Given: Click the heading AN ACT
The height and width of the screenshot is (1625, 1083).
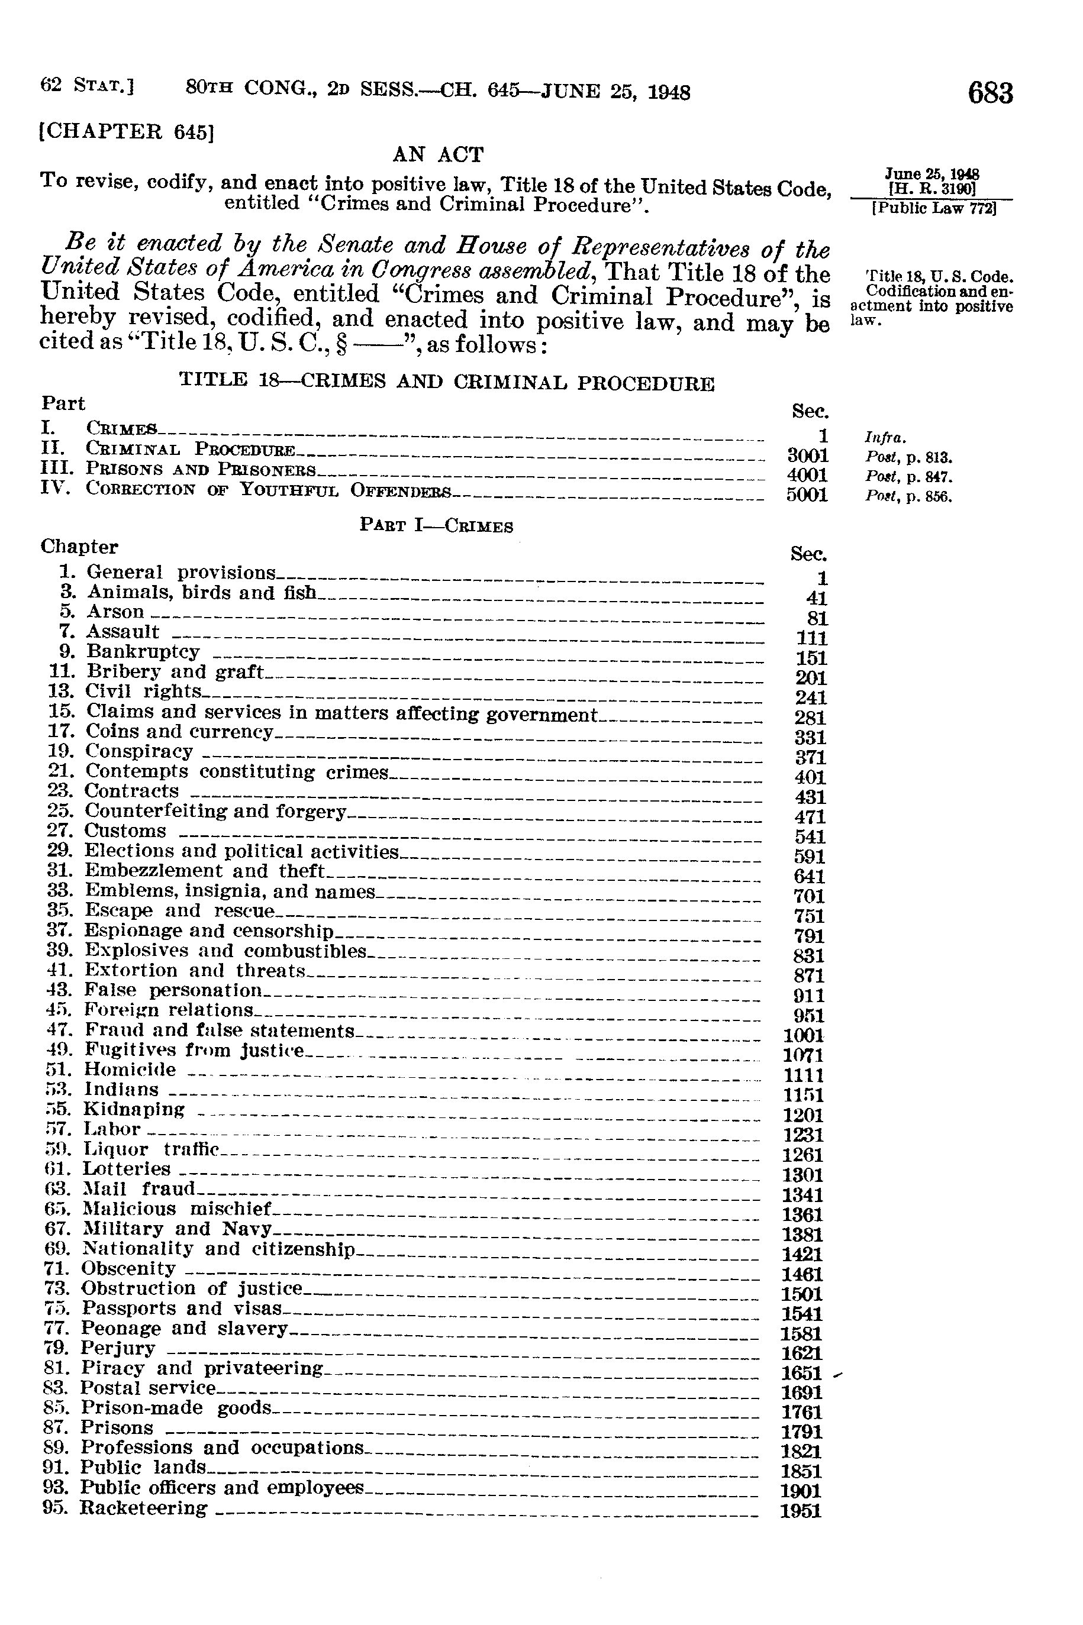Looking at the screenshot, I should [438, 154].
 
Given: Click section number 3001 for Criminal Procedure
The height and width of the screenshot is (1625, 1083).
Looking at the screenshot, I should [807, 455].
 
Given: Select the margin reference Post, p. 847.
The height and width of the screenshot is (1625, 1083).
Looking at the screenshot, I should [908, 476].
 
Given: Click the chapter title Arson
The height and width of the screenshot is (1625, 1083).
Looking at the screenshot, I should [115, 612].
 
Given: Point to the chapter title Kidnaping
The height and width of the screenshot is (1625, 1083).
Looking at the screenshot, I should [134, 1109].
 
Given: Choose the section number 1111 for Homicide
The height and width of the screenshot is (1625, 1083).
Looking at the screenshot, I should [802, 1075].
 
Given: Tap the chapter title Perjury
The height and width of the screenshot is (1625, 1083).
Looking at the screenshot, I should [117, 1348].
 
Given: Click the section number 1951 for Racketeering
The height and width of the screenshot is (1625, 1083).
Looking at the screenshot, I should [801, 1512].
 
